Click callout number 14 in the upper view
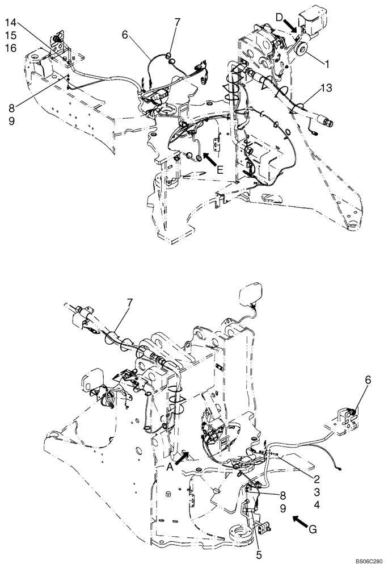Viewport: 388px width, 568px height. click(12, 23)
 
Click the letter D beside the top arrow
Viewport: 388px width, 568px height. click(280, 19)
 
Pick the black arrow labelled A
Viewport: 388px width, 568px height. click(184, 457)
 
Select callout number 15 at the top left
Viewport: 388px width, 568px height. click(12, 35)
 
